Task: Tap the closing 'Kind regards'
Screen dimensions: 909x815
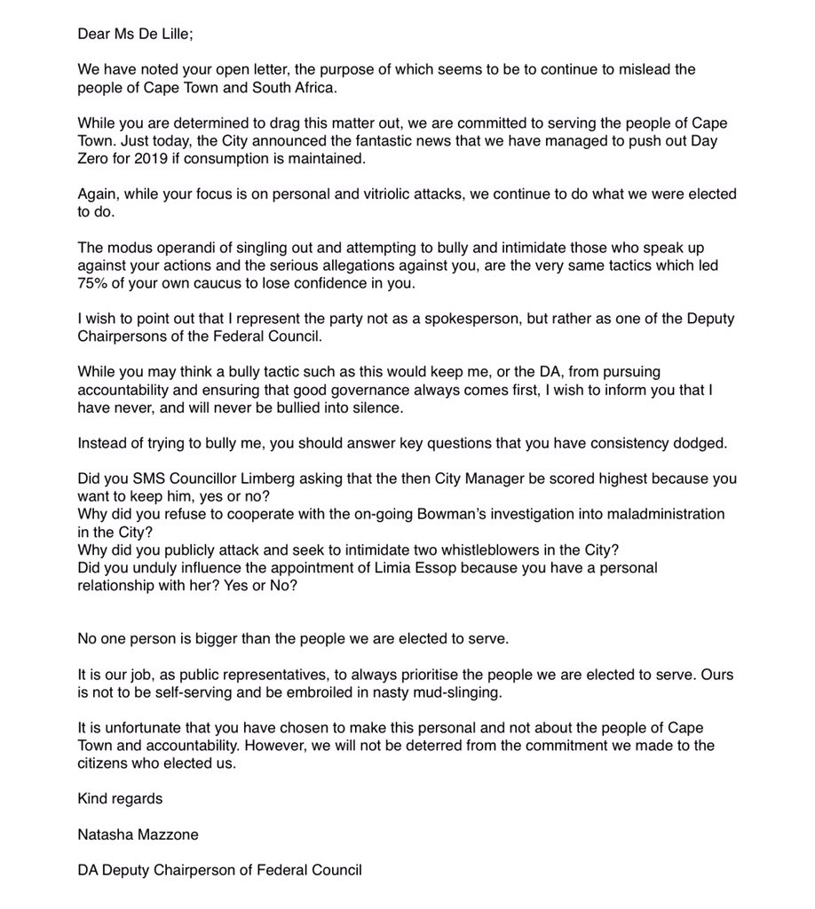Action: point(120,799)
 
